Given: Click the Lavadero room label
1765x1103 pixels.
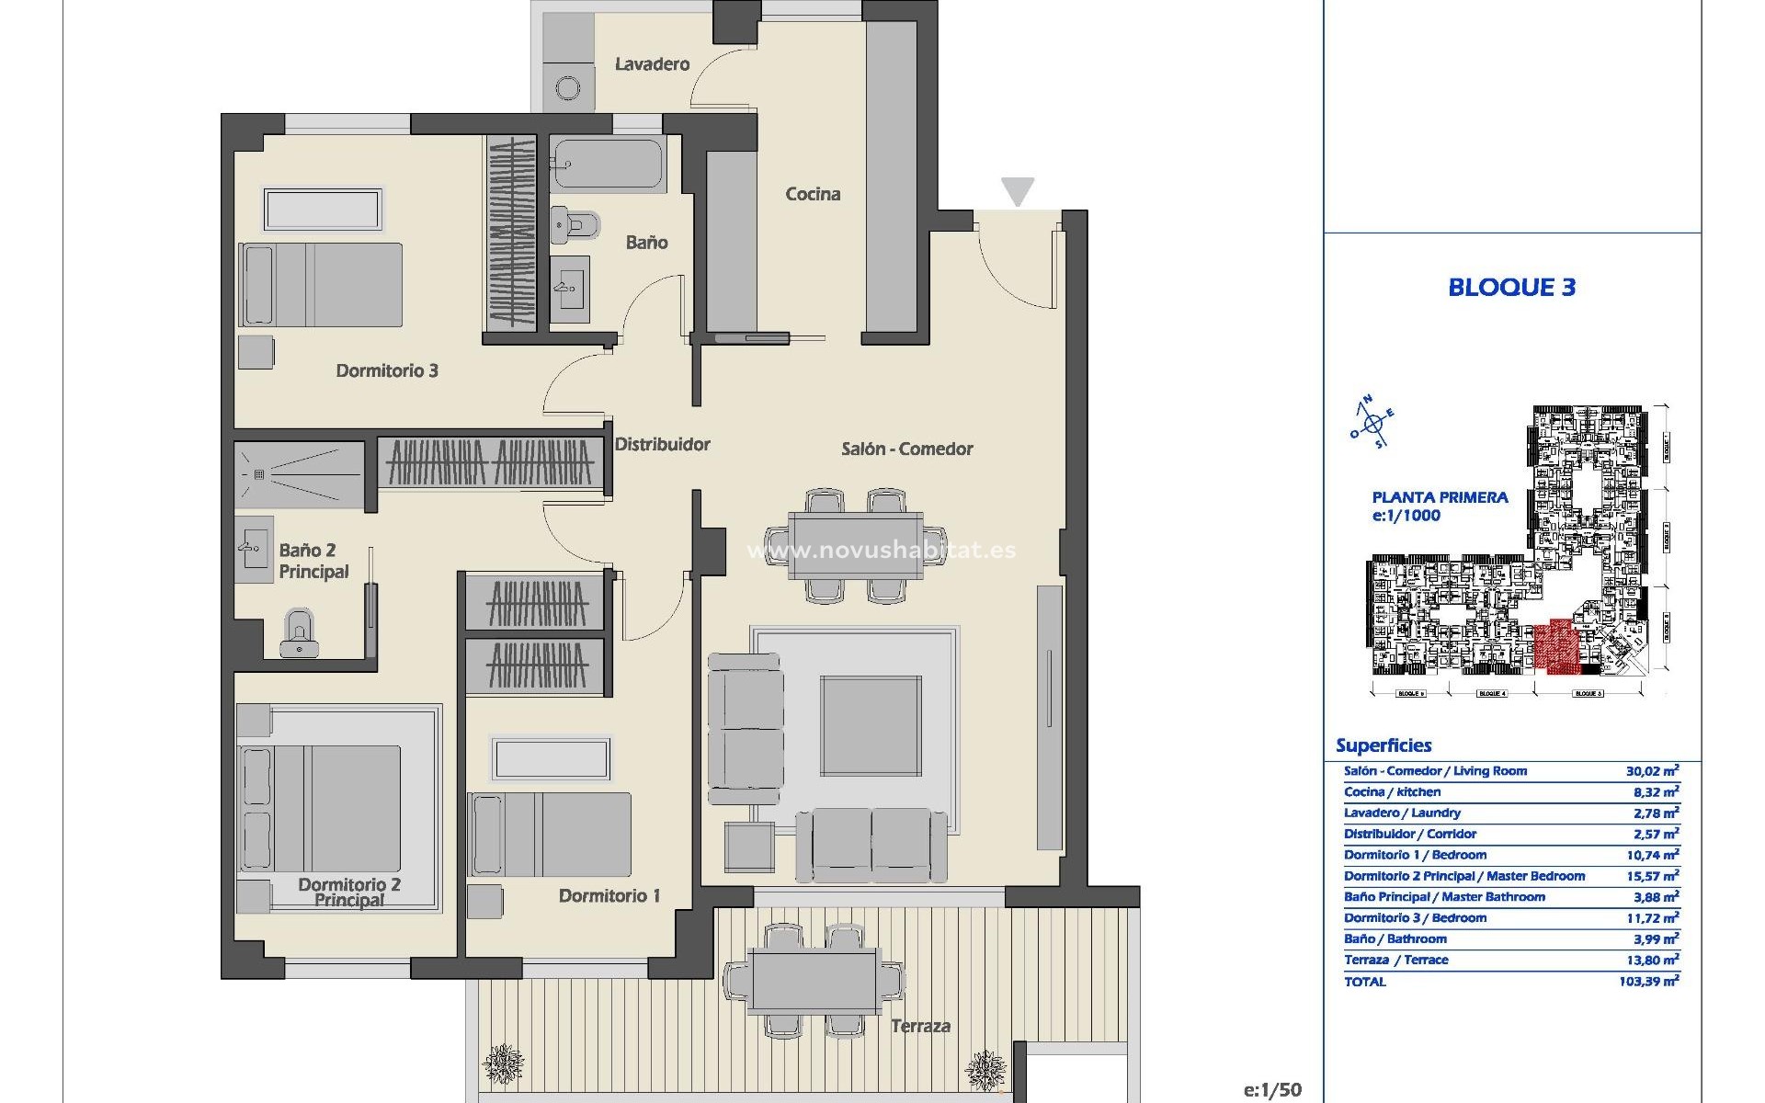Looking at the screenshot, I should click(652, 64).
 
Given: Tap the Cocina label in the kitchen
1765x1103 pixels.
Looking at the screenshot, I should click(813, 194).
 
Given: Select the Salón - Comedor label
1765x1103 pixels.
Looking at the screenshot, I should click(906, 449).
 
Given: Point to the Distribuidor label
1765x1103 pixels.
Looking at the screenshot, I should click(662, 444).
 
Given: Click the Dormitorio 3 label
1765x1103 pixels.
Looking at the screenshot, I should click(386, 370).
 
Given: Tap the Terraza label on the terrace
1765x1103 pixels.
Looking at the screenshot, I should click(920, 1026).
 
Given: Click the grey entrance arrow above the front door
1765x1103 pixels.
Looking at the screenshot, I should click(1018, 191).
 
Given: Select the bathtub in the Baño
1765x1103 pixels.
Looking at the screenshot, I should click(608, 165).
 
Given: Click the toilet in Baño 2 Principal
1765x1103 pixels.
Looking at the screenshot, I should click(298, 633).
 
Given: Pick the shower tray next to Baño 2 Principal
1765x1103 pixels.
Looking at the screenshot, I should click(299, 473).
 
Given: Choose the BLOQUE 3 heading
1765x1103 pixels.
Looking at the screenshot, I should click(1511, 287).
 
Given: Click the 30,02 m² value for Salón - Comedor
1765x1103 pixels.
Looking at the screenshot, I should click(1652, 771).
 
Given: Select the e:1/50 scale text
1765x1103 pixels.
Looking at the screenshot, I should click(1272, 1090).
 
